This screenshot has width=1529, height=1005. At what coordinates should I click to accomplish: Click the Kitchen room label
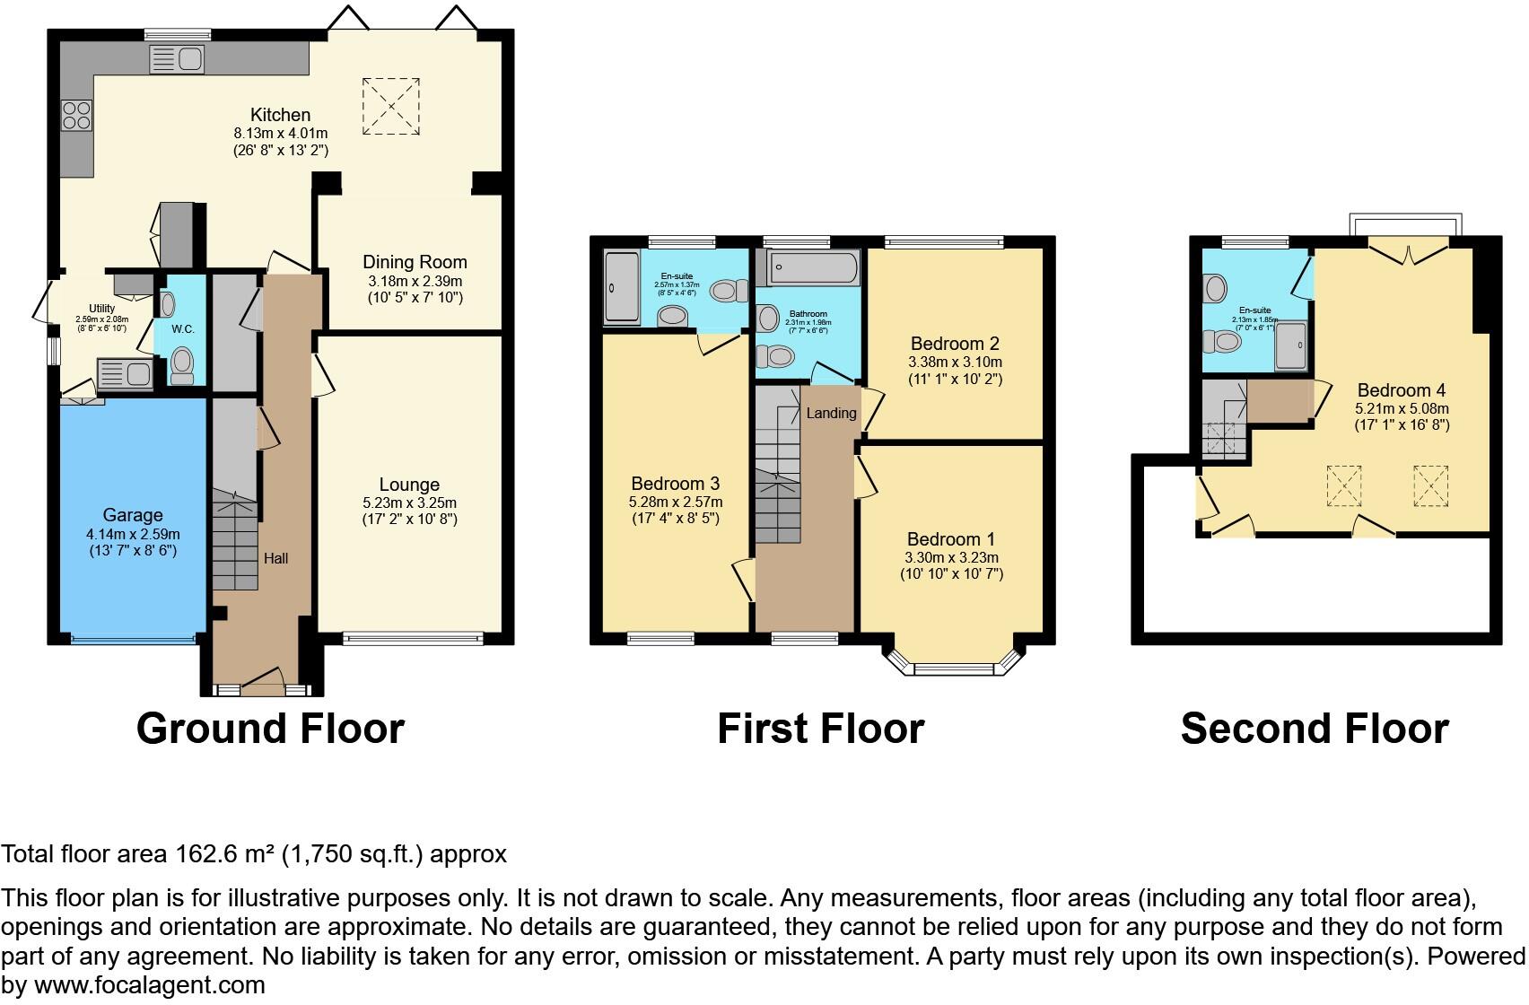pos(280,115)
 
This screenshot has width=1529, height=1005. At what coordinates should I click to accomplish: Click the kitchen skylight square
pos(391,107)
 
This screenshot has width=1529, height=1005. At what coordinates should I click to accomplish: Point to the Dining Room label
pos(415,262)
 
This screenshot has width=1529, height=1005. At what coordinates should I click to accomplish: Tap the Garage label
pos(133,515)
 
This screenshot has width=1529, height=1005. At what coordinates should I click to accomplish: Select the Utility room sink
pos(125,373)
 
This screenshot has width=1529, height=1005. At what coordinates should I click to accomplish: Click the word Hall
pos(275,558)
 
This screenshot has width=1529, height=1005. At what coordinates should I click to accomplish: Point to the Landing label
pos(831,414)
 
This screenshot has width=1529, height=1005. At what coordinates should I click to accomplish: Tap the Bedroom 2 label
pos(955,344)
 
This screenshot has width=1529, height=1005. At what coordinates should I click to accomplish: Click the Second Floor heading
pos(1314,729)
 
